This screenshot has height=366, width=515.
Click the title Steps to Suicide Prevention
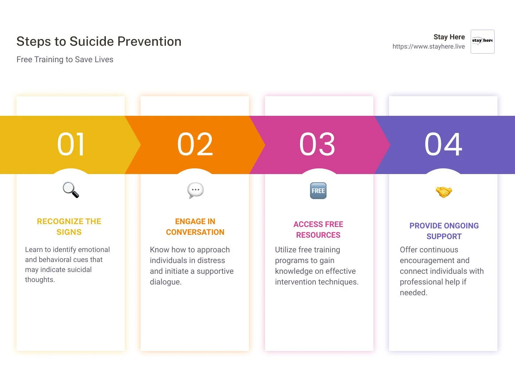(x=99, y=41)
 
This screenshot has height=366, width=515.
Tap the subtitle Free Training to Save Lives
(x=65, y=59)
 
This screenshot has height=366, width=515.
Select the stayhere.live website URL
(x=428, y=46)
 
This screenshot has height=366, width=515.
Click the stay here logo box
(x=482, y=41)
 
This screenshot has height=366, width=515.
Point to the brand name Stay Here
(x=449, y=37)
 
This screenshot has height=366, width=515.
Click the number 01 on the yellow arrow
(x=70, y=144)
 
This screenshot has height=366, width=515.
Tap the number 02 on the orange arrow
(x=195, y=144)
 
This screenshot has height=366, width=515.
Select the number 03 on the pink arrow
(x=317, y=144)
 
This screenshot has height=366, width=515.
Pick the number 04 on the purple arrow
(x=443, y=144)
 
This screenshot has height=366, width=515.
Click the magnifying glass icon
(x=71, y=190)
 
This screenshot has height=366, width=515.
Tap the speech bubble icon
(x=195, y=191)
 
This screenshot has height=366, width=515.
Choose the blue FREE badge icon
(x=318, y=191)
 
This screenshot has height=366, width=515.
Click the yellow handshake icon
(x=444, y=192)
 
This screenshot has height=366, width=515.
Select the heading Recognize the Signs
(x=69, y=227)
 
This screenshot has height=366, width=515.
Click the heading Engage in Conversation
(x=195, y=227)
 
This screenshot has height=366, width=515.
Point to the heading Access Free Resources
(x=318, y=229)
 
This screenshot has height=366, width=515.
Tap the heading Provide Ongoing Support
(x=444, y=231)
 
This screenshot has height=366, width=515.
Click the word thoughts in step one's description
(x=40, y=280)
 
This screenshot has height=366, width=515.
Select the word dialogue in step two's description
(x=166, y=282)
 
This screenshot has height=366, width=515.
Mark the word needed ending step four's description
(x=413, y=293)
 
